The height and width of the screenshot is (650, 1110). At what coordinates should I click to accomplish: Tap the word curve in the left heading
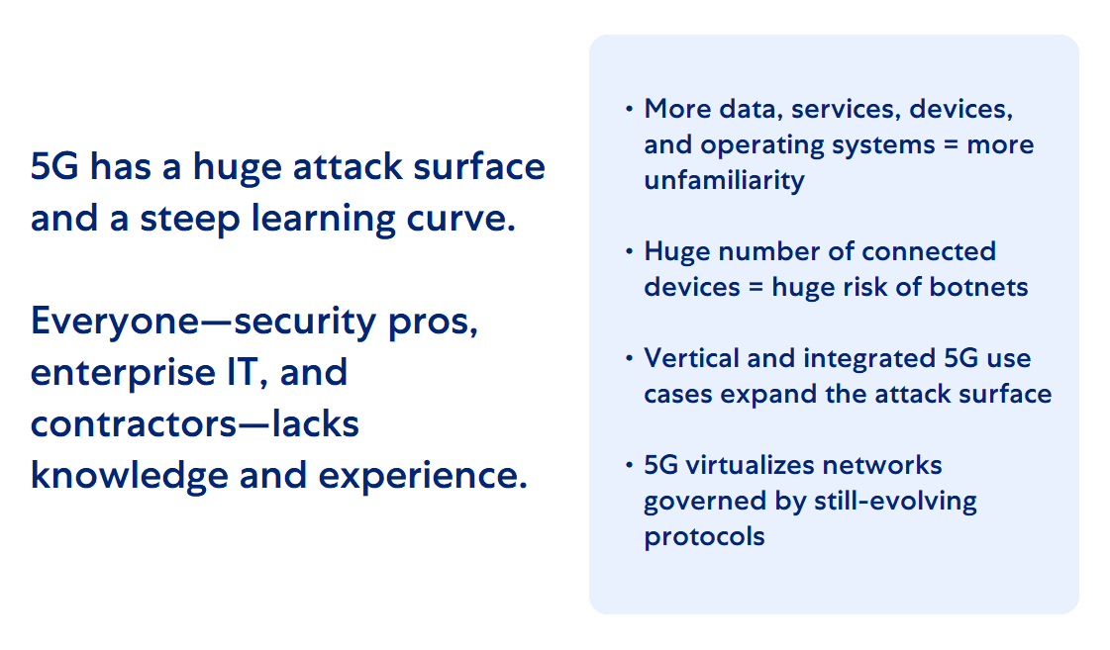(x=463, y=218)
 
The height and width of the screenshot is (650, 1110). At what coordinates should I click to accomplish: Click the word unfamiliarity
(x=724, y=180)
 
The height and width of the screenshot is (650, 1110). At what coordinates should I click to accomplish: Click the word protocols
(x=704, y=536)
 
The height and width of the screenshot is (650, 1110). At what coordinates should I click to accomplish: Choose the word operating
(x=764, y=144)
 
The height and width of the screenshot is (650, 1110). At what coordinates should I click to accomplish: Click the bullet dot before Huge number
(x=629, y=251)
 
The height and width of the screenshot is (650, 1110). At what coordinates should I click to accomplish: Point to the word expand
(x=762, y=394)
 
